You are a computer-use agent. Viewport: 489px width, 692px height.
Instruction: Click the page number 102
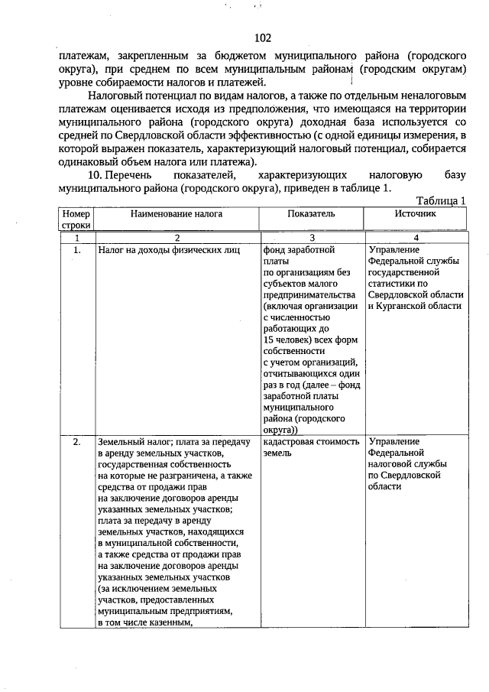coord(261,38)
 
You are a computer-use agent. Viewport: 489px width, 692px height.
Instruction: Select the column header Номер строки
coord(76,219)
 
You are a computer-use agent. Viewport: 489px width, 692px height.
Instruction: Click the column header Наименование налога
coord(176,214)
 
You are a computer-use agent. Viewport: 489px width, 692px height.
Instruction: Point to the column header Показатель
coord(311,214)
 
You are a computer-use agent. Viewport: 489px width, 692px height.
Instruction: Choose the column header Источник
coord(415,214)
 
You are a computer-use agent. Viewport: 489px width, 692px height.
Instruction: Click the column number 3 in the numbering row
coord(311,239)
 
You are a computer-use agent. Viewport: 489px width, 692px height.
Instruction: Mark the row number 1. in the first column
coord(76,250)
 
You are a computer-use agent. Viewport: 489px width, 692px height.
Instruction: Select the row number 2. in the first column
coord(76,442)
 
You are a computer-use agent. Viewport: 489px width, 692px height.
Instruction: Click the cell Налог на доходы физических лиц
coord(169,250)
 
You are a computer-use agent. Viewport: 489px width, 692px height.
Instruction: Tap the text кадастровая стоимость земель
coord(310,447)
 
